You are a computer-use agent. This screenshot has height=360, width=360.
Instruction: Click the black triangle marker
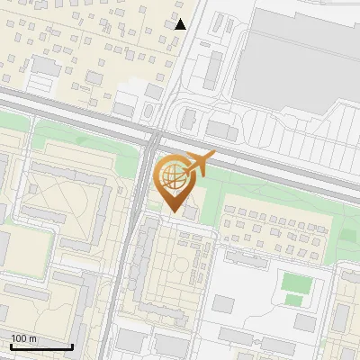(x=181, y=24)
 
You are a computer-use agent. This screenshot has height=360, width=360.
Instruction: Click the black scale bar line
(x=41, y=346)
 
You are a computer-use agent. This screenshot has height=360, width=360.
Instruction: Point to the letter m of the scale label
(x=32, y=338)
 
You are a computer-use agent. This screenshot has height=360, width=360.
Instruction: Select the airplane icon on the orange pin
(x=200, y=164)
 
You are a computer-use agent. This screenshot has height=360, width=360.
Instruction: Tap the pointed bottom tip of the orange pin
(x=171, y=211)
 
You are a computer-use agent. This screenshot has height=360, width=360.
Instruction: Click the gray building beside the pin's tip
(x=191, y=211)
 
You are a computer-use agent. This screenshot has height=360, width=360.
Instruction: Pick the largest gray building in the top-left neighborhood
(x=45, y=66)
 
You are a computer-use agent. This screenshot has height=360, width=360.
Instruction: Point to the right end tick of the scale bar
(x=72, y=346)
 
